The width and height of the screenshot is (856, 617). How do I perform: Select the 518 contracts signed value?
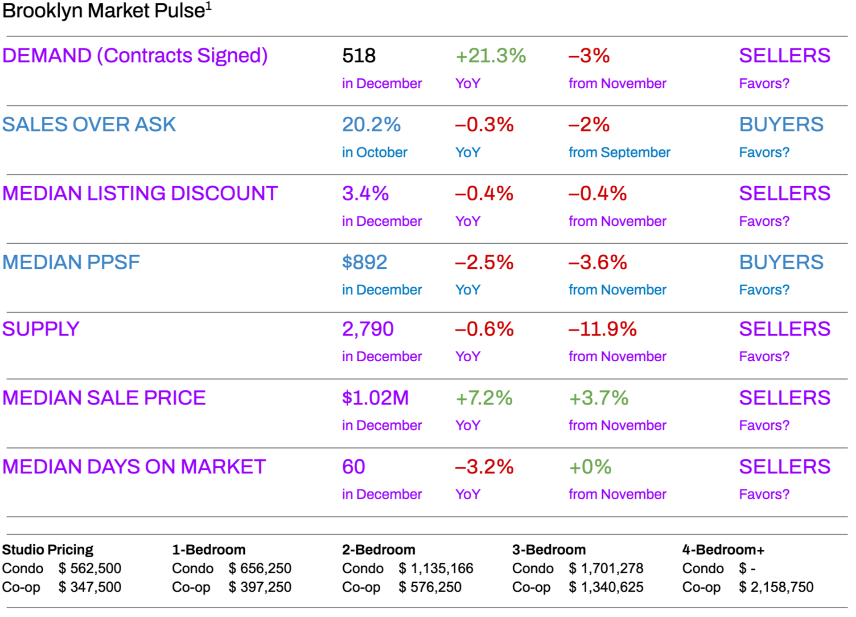(359, 56)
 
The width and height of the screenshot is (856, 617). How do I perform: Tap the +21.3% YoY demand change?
(490, 56)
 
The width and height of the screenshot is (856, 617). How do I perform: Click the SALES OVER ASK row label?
(89, 125)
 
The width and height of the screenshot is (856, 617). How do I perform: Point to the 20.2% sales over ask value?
(371, 125)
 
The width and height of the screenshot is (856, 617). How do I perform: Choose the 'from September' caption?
(619, 152)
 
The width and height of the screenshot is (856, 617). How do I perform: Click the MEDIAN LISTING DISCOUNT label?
(140, 194)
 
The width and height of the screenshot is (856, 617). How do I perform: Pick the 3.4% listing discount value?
(366, 194)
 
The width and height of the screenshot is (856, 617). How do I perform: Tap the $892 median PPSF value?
(365, 262)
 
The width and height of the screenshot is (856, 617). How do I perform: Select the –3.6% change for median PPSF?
(598, 262)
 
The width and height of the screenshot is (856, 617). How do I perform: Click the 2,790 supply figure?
(368, 329)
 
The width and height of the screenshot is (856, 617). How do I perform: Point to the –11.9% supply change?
(602, 329)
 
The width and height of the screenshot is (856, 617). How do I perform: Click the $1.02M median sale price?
(375, 398)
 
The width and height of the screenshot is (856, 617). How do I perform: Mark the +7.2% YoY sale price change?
(484, 398)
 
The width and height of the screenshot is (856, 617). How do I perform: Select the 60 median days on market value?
(354, 467)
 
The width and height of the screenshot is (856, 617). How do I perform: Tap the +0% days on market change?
(590, 467)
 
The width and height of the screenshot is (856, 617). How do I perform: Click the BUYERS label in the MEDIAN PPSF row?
(781, 262)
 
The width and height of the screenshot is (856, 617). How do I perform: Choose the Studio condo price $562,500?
(90, 568)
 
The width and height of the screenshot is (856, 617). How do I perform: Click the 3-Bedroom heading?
(549, 550)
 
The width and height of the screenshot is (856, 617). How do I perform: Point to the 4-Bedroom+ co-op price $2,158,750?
(776, 587)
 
